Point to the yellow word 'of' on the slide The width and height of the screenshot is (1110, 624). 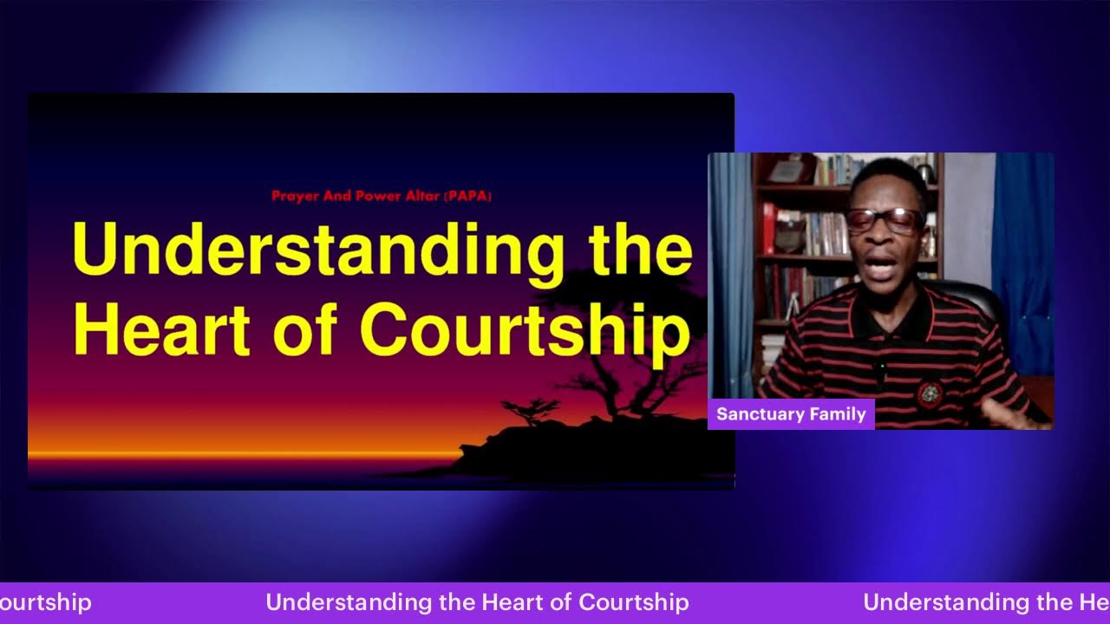(310, 329)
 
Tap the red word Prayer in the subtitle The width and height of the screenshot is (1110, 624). (296, 197)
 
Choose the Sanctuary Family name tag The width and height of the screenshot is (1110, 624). (791, 414)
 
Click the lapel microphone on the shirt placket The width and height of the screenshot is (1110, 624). (879, 370)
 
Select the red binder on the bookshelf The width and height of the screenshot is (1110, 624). (768, 228)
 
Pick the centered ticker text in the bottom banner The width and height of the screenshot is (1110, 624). (477, 602)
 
